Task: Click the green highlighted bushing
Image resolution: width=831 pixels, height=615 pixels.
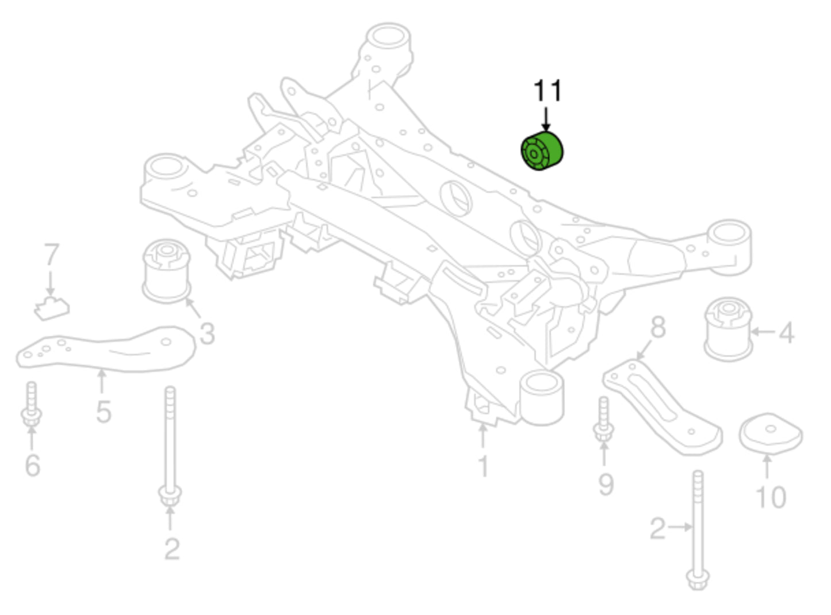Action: [542, 151]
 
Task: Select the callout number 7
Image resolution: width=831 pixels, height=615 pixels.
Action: [51, 255]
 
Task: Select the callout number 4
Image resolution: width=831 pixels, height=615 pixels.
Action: [786, 333]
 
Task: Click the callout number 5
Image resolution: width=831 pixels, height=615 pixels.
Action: [104, 412]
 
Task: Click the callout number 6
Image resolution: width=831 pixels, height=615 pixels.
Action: [33, 464]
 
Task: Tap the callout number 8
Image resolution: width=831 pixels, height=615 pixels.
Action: [658, 328]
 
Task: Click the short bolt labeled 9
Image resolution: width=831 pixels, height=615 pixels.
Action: [603, 420]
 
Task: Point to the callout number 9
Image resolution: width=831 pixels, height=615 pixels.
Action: [606, 484]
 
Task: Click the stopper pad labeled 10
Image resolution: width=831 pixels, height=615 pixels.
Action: [770, 433]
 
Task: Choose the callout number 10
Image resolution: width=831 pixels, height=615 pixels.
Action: [770, 497]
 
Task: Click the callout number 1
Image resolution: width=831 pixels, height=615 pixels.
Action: [483, 466]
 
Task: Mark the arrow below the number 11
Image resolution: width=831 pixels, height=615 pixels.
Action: [546, 119]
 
